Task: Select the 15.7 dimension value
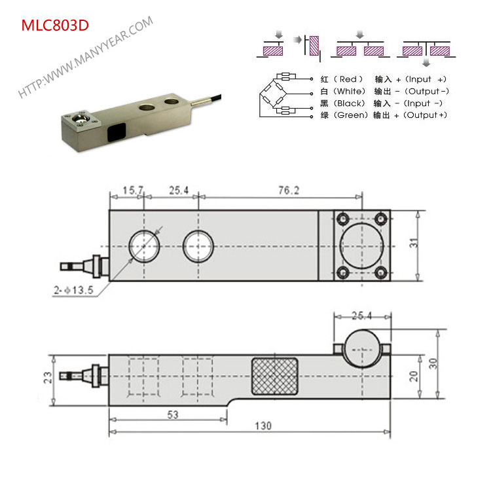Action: (132, 191)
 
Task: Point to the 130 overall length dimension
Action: (263, 426)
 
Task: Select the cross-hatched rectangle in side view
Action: (274, 377)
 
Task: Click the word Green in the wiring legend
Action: (347, 115)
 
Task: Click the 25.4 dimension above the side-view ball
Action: (361, 316)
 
